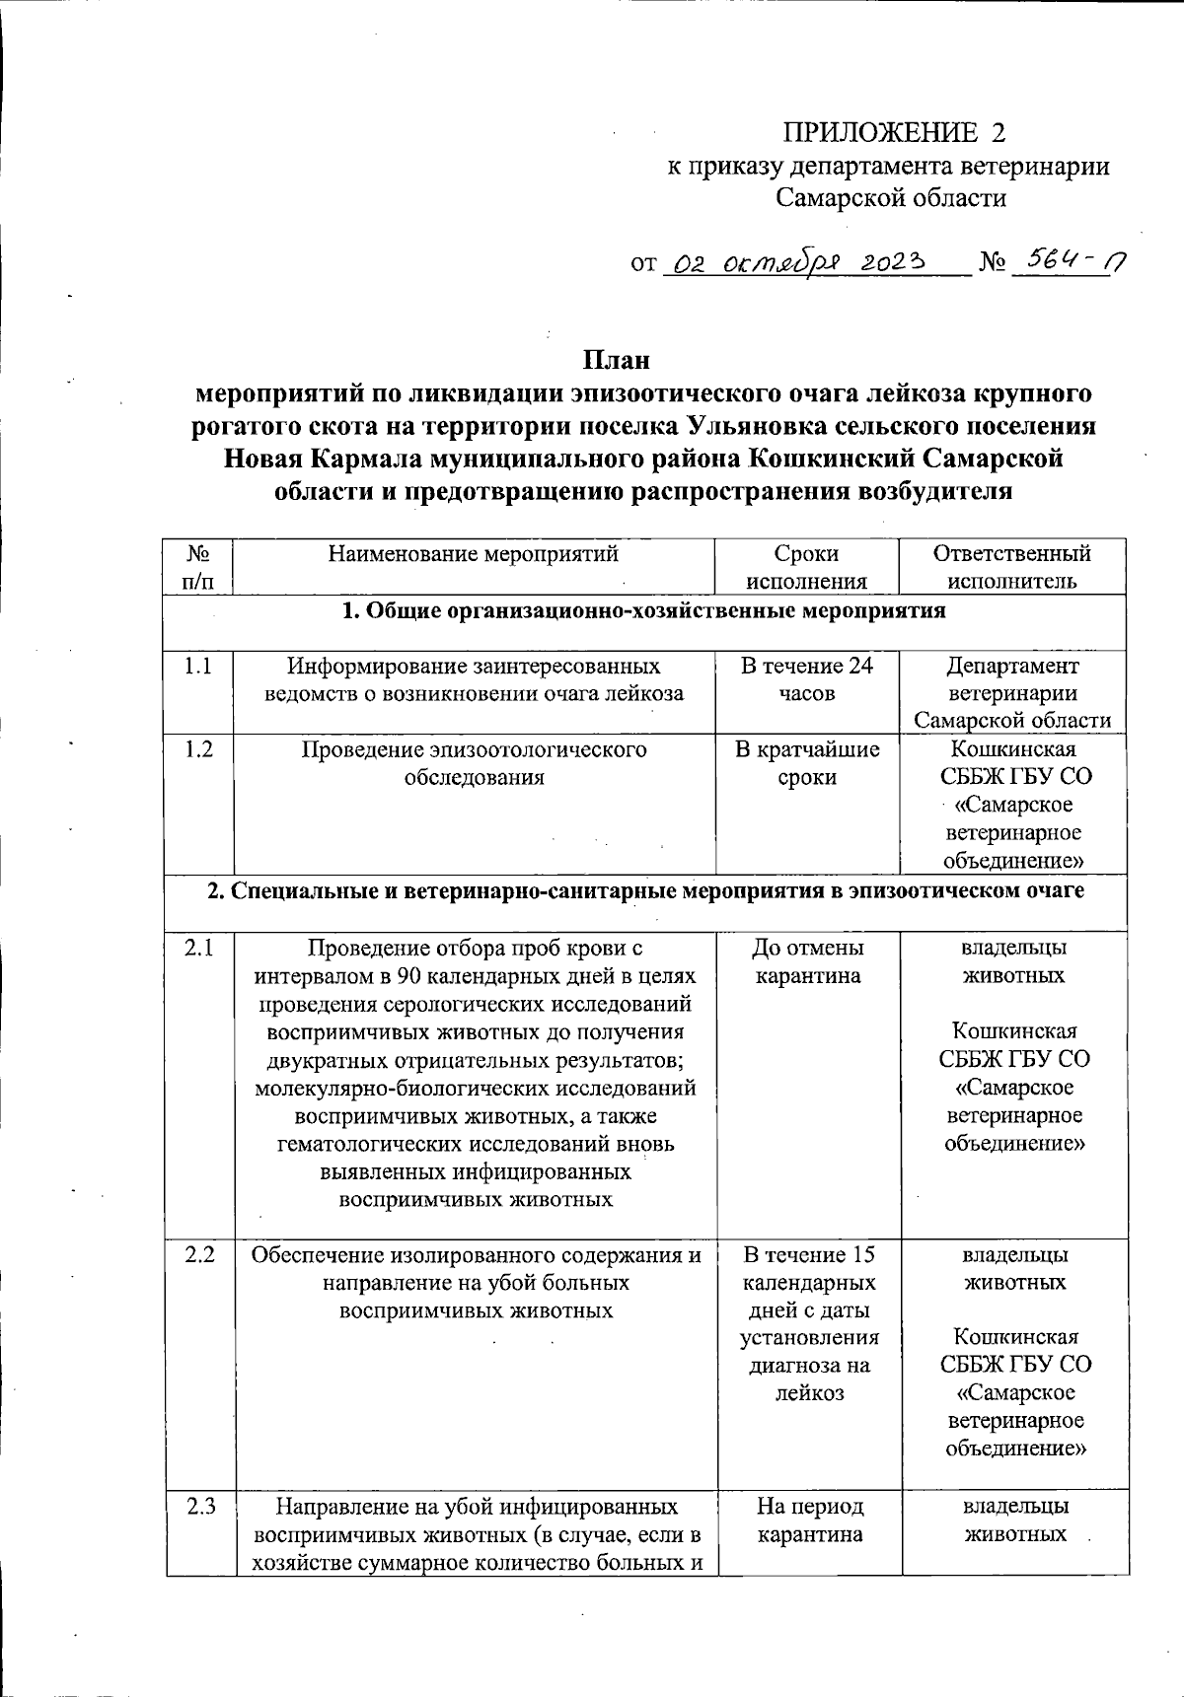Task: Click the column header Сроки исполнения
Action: pos(806,567)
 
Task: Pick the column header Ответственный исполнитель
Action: pos(1012,567)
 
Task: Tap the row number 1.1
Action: pos(198,667)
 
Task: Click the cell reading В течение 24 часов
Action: pos(806,679)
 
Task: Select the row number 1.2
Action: pos(198,749)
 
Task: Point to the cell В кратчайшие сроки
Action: pos(806,763)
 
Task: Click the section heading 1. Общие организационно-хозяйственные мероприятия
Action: pos(643,611)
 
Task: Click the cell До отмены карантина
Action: pos(806,962)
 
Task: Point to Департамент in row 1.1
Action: pos(1012,666)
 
